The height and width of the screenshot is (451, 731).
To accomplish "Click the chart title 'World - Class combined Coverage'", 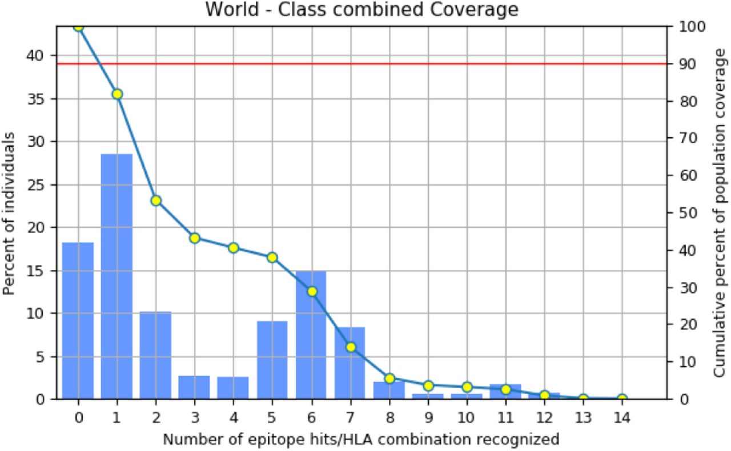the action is tap(362, 9).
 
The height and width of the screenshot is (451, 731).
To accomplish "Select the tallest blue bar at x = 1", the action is tap(117, 276).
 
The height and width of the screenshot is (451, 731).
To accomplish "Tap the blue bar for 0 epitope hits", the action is tap(78, 321).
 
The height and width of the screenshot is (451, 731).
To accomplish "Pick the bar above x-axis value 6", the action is tap(311, 335).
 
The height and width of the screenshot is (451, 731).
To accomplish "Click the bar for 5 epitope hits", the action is tap(272, 360).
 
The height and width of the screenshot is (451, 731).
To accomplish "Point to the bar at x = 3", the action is tap(194, 388).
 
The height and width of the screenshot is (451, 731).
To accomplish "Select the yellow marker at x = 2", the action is tap(156, 201).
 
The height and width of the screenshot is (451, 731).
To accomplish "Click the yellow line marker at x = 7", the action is tap(351, 347).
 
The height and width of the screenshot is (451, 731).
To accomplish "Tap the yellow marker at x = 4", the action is tap(234, 248).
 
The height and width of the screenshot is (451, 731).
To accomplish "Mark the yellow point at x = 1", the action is tap(117, 94).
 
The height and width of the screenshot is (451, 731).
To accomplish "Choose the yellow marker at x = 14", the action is tap(622, 398).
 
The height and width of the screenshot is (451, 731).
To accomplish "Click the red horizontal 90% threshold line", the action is tap(362, 63).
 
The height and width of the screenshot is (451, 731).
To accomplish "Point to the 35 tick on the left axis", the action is tap(35, 99).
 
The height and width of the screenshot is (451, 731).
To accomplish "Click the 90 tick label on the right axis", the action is tap(688, 64).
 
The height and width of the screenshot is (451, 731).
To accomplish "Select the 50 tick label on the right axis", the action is tap(688, 213).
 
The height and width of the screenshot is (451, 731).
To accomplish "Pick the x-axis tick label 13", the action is tap(583, 417).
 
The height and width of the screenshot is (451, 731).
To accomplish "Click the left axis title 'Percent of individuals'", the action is tap(9, 214).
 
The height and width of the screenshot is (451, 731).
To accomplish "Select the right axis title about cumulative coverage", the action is tap(719, 213).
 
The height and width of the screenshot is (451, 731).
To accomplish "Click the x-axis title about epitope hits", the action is tap(361, 439).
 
